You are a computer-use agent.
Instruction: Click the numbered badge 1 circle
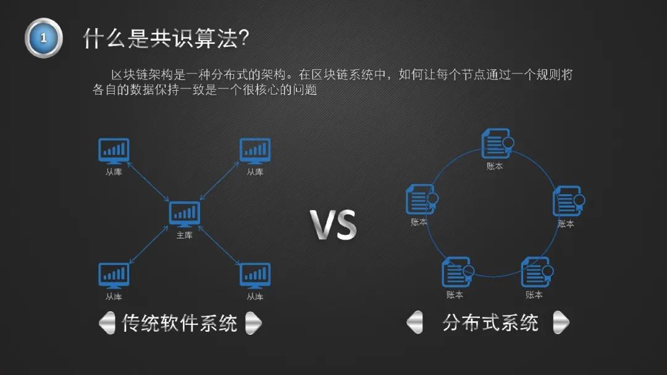[x=43, y=38]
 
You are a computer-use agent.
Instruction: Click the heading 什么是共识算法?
[x=166, y=38]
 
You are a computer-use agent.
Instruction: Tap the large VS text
[x=333, y=225]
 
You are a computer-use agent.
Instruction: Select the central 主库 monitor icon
[x=184, y=214]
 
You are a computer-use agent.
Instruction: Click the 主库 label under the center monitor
[x=184, y=235]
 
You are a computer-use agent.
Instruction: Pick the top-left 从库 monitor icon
[x=114, y=151]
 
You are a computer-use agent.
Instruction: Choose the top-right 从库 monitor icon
[x=255, y=151]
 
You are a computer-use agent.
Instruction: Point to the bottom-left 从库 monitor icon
[x=114, y=276]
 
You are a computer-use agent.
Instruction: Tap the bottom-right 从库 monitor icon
[x=255, y=276]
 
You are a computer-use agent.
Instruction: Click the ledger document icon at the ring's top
[x=497, y=144]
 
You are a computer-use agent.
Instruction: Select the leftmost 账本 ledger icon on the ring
[x=422, y=199]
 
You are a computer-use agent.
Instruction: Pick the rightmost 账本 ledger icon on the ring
[x=568, y=201]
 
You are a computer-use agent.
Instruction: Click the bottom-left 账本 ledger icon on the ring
[x=458, y=272]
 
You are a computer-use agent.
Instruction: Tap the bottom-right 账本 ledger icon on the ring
[x=537, y=272]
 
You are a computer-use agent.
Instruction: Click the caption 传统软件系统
[x=180, y=323]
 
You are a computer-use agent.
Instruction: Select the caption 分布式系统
[x=490, y=322]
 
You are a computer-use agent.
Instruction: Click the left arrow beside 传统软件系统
[x=107, y=323]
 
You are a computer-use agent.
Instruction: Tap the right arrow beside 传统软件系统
[x=254, y=323]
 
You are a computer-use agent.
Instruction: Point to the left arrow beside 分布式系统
[x=415, y=322]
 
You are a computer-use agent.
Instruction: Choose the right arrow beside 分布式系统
[x=561, y=322]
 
